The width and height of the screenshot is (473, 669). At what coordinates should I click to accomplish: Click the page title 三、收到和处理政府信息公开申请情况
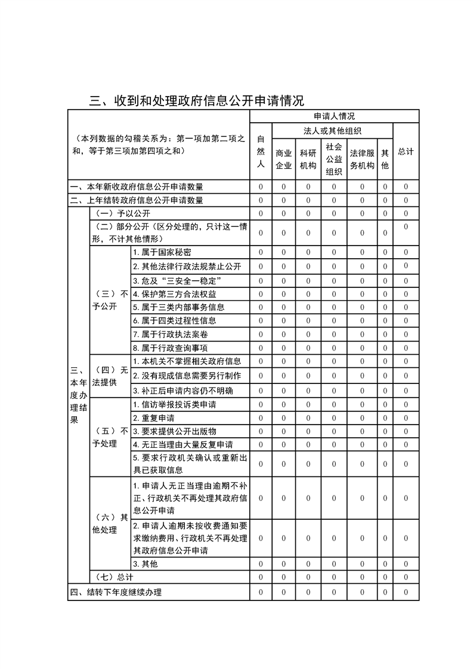(x=197, y=100)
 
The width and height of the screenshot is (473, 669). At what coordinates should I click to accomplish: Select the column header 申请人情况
(x=334, y=116)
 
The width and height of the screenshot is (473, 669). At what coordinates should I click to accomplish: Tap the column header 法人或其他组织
(x=333, y=131)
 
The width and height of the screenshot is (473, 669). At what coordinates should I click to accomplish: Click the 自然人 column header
(x=260, y=151)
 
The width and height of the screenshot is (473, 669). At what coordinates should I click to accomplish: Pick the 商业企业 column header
(x=284, y=159)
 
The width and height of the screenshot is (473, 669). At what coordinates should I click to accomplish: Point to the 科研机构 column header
(x=308, y=159)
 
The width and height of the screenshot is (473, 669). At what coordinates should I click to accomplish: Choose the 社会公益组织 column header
(x=334, y=159)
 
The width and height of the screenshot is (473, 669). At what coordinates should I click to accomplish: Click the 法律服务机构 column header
(x=362, y=159)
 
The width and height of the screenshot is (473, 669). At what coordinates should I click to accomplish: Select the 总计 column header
(x=406, y=151)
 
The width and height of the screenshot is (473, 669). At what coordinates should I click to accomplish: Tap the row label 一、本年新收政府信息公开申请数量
(x=137, y=187)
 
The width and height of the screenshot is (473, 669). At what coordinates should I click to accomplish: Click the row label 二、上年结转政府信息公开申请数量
(x=137, y=200)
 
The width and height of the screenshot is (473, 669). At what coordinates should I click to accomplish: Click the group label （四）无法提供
(x=110, y=376)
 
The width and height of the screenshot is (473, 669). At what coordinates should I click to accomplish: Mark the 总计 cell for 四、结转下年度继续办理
(x=406, y=592)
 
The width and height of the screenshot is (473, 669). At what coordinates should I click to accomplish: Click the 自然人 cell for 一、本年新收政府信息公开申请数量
(x=260, y=187)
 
